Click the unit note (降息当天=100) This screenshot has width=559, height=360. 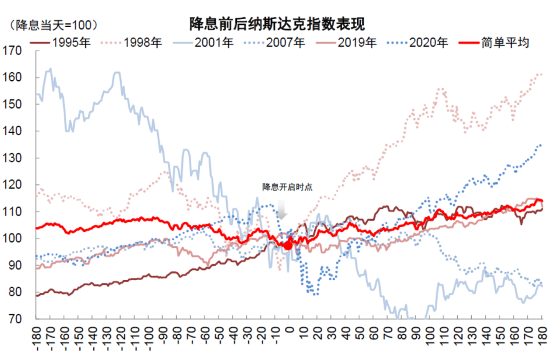coord(54,24)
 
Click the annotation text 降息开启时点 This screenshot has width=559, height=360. coord(287,187)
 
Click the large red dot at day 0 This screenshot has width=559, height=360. coord(288,245)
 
